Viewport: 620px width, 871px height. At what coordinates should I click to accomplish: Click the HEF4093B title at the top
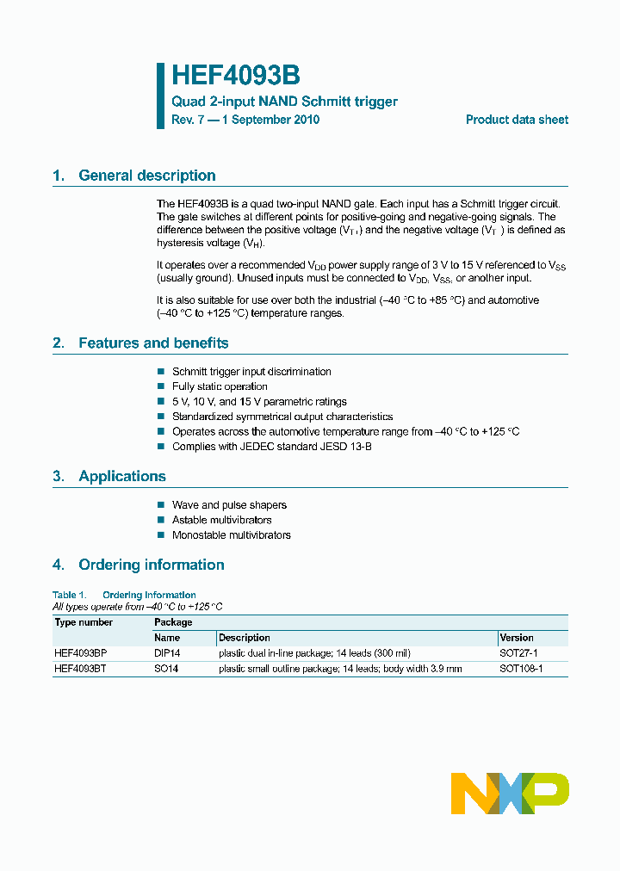235,76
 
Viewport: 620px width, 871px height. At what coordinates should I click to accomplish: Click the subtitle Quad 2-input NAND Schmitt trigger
284,102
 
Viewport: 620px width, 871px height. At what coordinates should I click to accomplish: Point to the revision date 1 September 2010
270,120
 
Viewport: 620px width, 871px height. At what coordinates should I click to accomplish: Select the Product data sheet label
517,120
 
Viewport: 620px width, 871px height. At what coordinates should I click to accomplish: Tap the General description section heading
146,176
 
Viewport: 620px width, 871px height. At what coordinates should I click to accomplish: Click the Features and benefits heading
153,343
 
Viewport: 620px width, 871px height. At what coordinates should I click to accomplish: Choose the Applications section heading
121,476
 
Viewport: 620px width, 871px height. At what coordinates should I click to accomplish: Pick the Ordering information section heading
151,565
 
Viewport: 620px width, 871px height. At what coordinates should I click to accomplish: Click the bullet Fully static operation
220,386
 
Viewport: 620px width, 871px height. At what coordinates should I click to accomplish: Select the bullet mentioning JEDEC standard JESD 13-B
272,447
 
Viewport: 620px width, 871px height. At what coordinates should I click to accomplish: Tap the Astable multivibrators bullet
221,520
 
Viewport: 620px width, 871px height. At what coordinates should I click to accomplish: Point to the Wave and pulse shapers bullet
229,505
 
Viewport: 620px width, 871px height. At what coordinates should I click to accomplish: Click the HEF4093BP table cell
81,653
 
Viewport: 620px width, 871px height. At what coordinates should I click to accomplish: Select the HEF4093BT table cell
80,669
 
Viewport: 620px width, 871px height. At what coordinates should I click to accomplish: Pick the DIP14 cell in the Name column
167,653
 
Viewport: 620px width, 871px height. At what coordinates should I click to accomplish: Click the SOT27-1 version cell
520,653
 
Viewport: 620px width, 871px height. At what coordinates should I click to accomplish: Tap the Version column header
517,638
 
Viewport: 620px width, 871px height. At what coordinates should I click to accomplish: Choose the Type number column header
84,622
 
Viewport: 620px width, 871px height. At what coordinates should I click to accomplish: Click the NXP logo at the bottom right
510,793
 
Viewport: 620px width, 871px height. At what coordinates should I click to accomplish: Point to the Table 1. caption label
70,595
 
